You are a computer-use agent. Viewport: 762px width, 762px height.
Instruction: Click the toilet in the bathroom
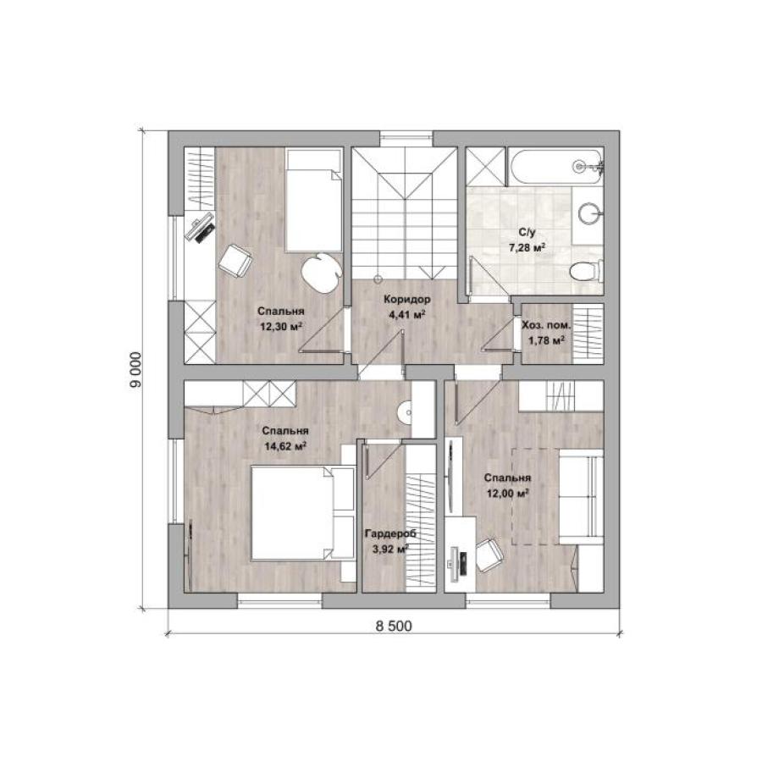pyautogui.click(x=587, y=271)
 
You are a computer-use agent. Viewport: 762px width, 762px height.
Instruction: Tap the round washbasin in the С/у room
pyautogui.click(x=591, y=213)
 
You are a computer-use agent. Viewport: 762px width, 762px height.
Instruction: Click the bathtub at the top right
pyautogui.click(x=556, y=167)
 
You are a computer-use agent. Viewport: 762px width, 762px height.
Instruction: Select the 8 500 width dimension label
pyautogui.click(x=393, y=626)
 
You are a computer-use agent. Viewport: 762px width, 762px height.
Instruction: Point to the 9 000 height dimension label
pyautogui.click(x=135, y=369)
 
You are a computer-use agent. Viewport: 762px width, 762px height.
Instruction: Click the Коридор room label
pyautogui.click(x=406, y=300)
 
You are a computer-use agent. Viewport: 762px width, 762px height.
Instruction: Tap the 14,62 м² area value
pyautogui.click(x=284, y=446)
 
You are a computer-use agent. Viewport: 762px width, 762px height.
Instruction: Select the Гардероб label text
pyautogui.click(x=390, y=533)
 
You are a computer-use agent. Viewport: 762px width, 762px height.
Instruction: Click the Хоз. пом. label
pyautogui.click(x=546, y=325)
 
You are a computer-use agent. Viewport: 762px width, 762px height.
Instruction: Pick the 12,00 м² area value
pyautogui.click(x=508, y=494)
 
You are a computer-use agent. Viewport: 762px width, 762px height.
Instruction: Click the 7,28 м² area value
pyautogui.click(x=527, y=248)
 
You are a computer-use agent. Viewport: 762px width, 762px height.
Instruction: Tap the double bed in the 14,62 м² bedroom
pyautogui.click(x=301, y=513)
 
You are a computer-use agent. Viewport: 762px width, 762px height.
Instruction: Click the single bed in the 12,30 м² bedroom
pyautogui.click(x=313, y=200)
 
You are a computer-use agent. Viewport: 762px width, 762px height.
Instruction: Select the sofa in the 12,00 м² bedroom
pyautogui.click(x=581, y=497)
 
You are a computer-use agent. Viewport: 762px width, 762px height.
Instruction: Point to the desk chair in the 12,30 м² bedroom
pyautogui.click(x=235, y=261)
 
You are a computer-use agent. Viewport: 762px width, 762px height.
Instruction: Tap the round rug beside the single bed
pyautogui.click(x=321, y=273)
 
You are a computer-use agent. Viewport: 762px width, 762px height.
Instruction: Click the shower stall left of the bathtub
pyautogui.click(x=486, y=167)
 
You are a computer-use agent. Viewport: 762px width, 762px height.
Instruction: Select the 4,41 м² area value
pyautogui.click(x=407, y=315)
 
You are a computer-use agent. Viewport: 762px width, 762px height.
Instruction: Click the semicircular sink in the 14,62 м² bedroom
pyautogui.click(x=405, y=413)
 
